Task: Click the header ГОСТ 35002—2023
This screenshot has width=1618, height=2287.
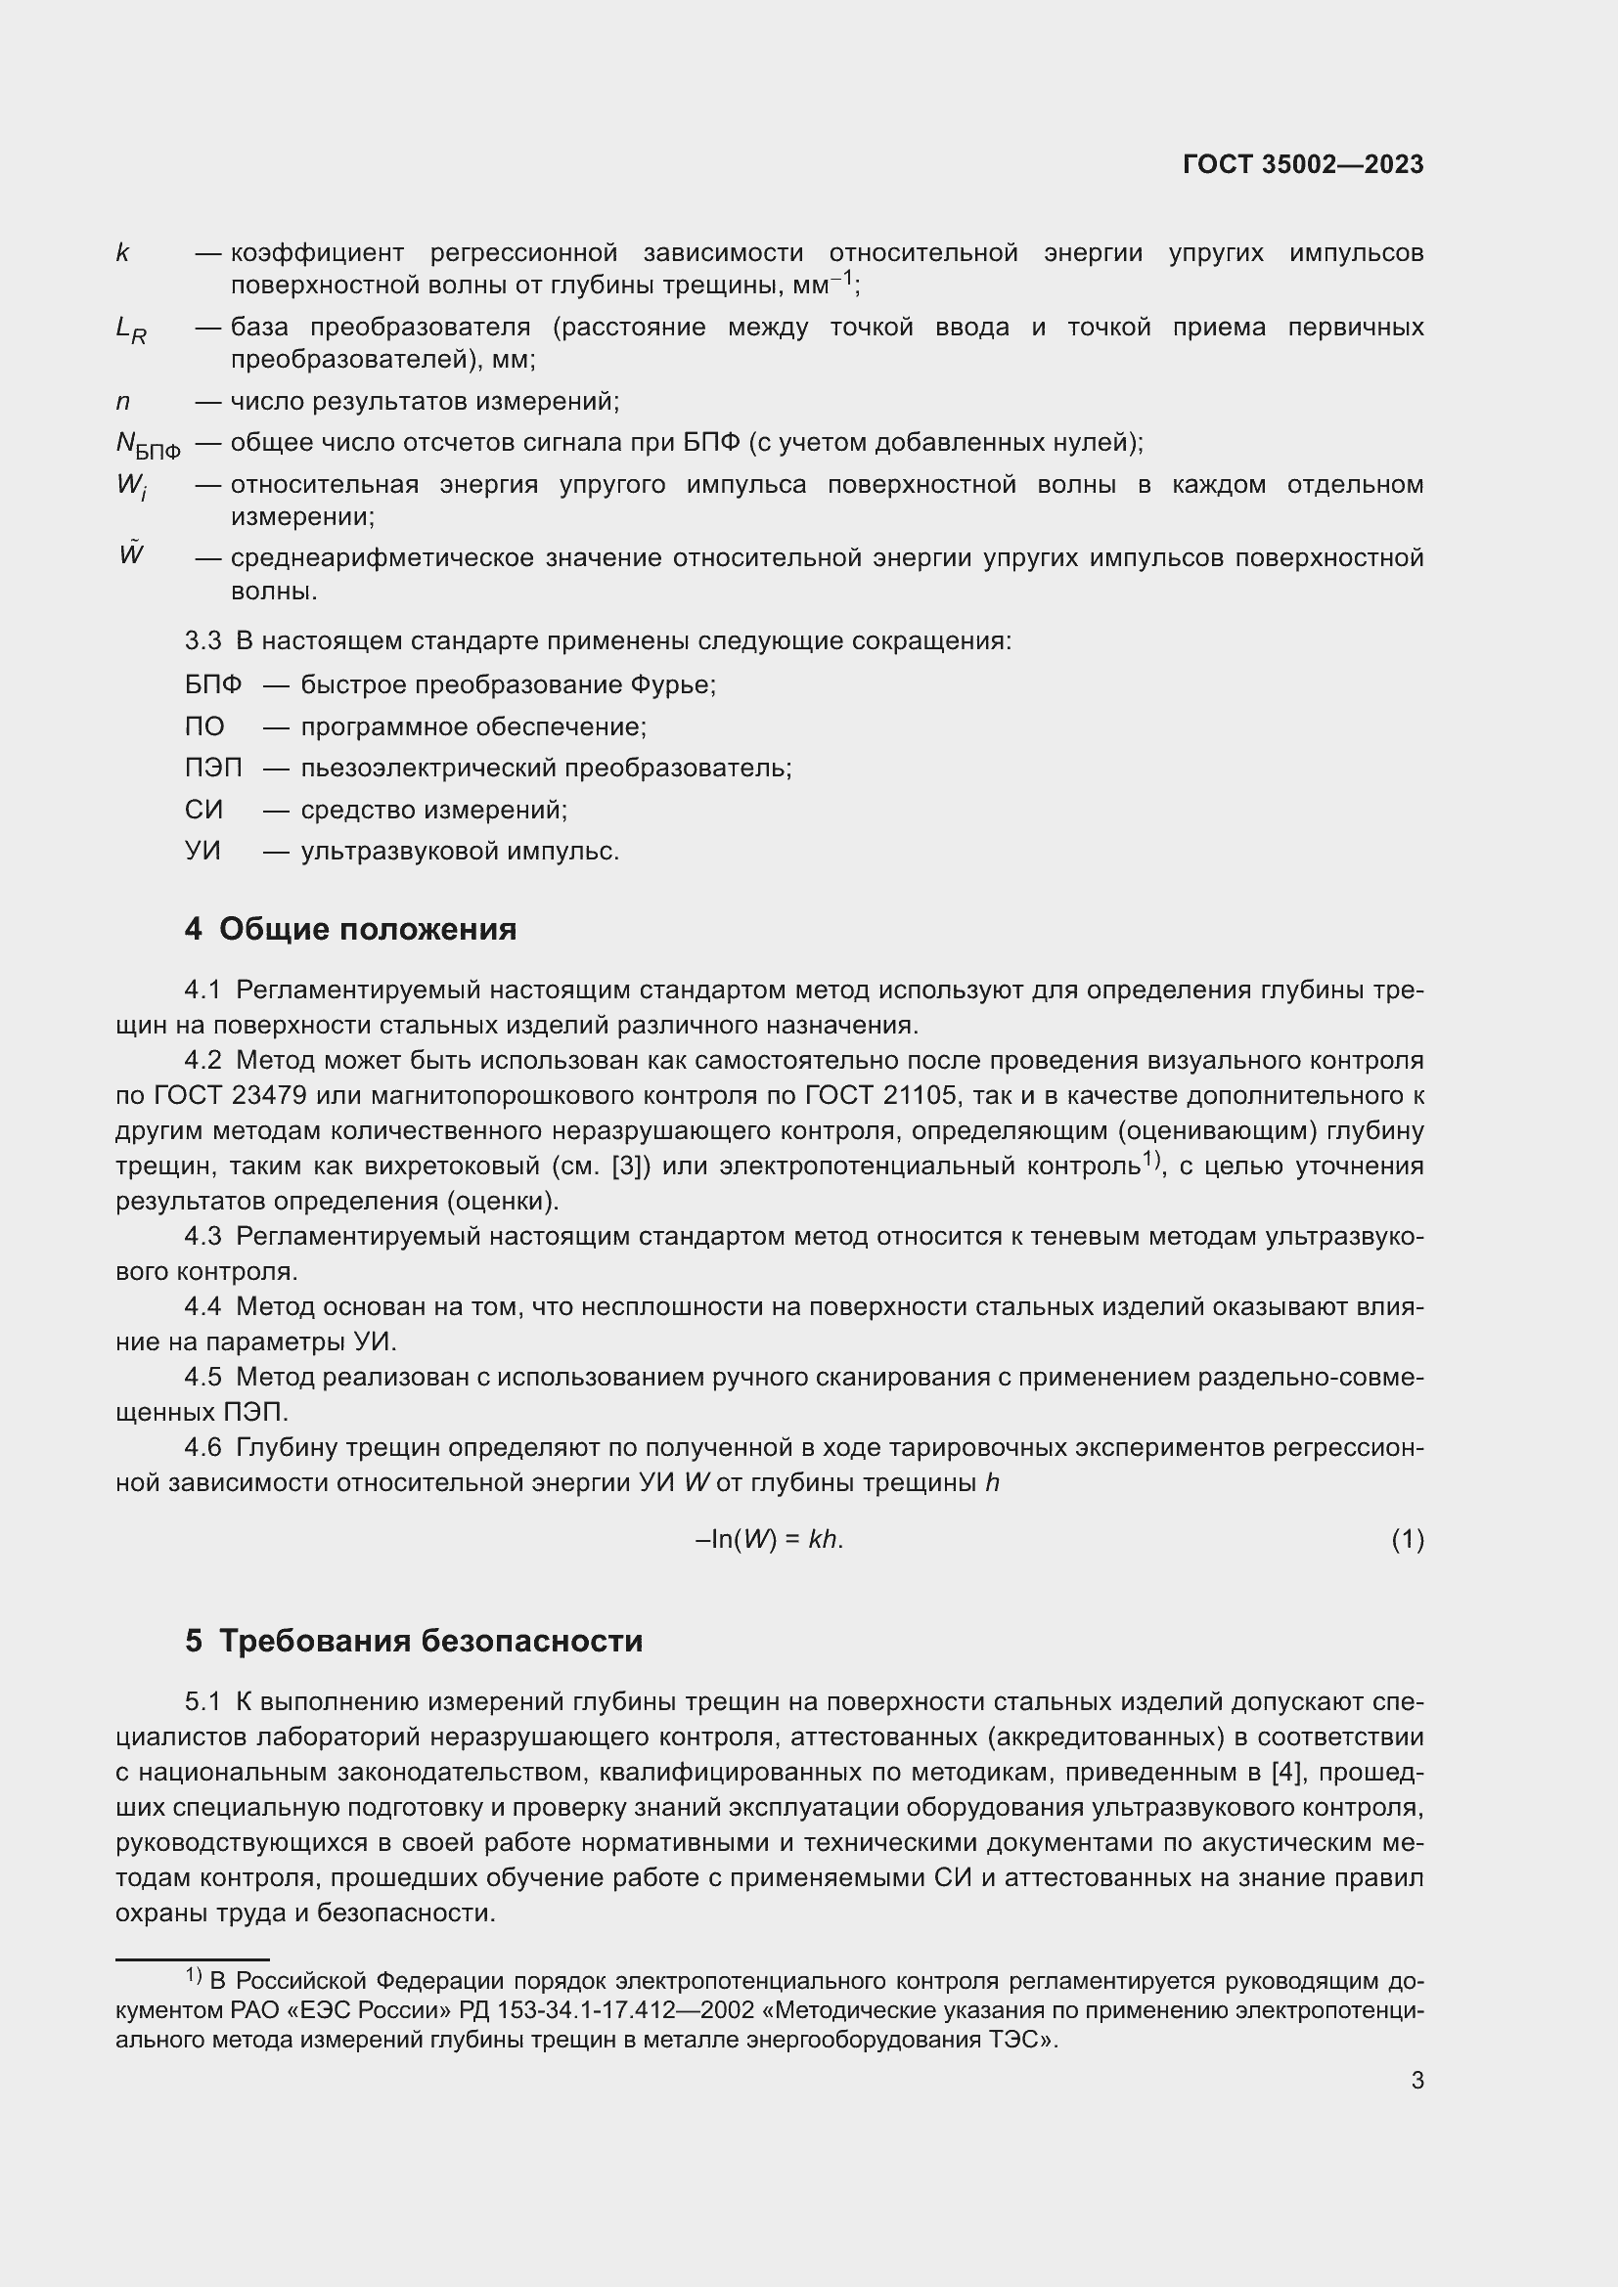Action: (x=1302, y=164)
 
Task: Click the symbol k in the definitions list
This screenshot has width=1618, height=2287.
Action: (x=122, y=254)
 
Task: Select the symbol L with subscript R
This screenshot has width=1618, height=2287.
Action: (x=130, y=330)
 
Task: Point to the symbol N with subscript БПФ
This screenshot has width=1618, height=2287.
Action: (x=148, y=445)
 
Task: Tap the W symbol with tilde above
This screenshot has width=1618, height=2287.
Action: (x=130, y=554)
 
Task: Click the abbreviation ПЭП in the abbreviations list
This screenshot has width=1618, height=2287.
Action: (x=212, y=768)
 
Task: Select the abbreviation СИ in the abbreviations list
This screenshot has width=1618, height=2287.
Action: (x=203, y=810)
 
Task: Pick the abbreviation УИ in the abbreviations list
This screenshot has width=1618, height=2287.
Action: (x=202, y=852)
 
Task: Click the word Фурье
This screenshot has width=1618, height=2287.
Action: (x=671, y=685)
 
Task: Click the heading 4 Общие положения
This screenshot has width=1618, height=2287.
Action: (x=351, y=929)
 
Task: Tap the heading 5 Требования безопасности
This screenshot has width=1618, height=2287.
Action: (x=414, y=1641)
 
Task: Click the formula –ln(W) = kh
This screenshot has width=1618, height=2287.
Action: (x=769, y=1540)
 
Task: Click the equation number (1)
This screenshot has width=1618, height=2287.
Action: (x=1407, y=1540)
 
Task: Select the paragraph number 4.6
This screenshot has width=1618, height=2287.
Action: (x=203, y=1447)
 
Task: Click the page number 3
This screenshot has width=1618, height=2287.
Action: (x=1416, y=2081)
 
